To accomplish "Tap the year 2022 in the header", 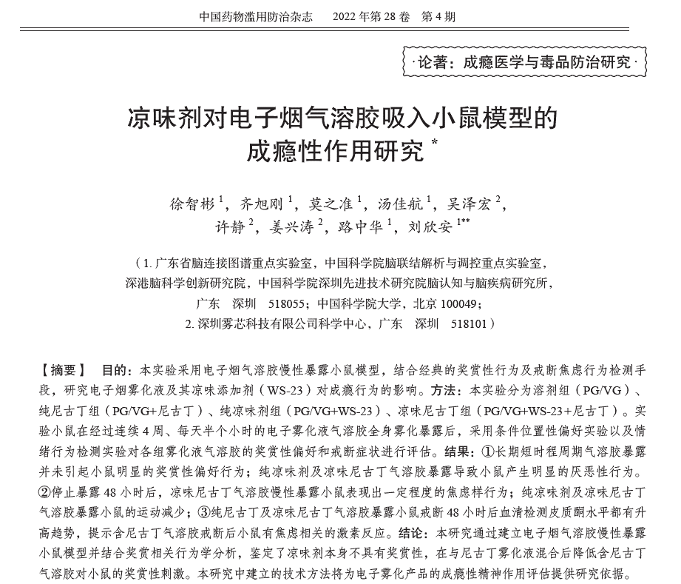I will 348,15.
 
